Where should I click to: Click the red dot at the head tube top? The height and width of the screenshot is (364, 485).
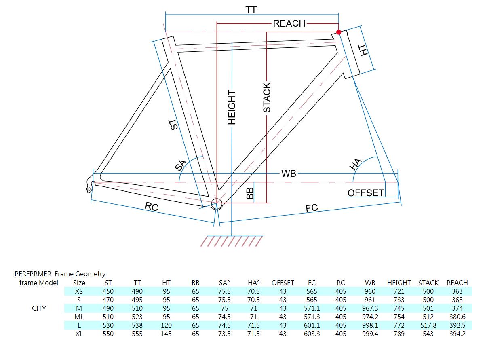(339, 32)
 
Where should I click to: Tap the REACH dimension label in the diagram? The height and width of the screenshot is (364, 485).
(289, 23)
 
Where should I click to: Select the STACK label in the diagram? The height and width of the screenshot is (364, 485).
(267, 97)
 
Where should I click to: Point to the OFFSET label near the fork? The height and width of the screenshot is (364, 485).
(366, 193)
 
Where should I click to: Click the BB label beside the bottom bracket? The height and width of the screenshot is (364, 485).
(250, 193)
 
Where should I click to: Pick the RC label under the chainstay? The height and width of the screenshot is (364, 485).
(152, 207)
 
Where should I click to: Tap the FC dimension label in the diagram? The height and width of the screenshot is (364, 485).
(312, 208)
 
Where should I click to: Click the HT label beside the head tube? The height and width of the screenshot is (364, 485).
(364, 50)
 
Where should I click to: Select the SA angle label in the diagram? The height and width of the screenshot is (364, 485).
(181, 165)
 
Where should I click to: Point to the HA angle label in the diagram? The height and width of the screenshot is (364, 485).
(355, 164)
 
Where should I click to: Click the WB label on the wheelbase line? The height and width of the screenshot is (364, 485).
(289, 174)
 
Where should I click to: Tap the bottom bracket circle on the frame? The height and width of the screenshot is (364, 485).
(217, 203)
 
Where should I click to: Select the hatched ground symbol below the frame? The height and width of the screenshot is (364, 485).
(232, 241)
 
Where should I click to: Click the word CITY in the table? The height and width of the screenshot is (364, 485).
(39, 308)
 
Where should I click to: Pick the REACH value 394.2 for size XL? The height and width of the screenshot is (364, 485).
(458, 334)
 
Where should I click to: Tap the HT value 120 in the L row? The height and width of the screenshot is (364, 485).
(166, 325)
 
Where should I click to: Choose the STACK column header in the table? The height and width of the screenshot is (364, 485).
(428, 283)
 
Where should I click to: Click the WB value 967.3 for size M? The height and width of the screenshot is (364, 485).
(370, 308)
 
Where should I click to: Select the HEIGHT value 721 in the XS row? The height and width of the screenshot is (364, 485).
(399, 291)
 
